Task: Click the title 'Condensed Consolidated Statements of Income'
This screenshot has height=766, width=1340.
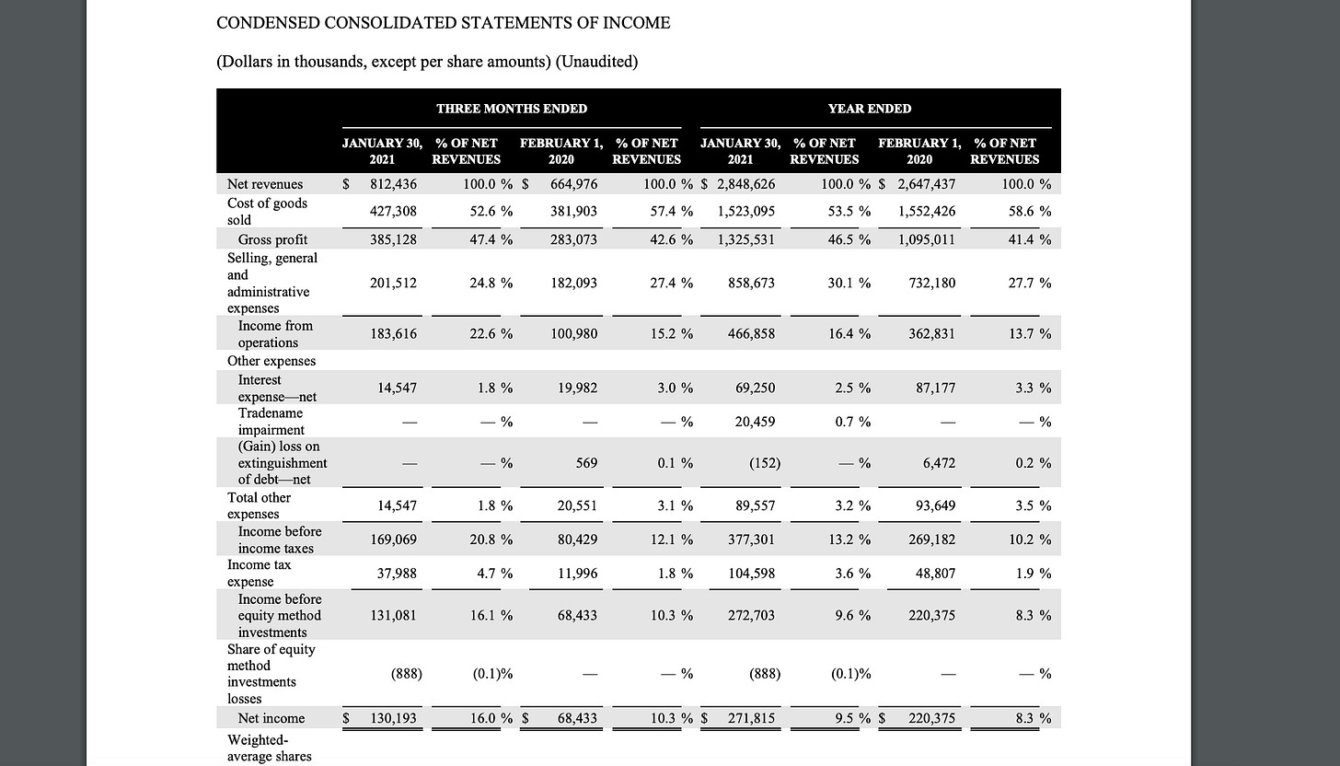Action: pyautogui.click(x=443, y=23)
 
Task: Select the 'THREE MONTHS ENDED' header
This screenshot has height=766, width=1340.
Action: pyautogui.click(x=512, y=109)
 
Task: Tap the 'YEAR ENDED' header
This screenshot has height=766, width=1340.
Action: pyautogui.click(x=870, y=109)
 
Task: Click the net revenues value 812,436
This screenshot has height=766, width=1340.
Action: pyautogui.click(x=394, y=184)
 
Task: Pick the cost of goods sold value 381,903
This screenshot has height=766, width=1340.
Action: pyautogui.click(x=574, y=211)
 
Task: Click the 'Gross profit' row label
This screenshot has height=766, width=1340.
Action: pyautogui.click(x=272, y=239)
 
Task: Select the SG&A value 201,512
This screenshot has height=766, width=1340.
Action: pyautogui.click(x=394, y=283)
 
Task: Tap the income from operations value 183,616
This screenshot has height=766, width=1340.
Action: pyautogui.click(x=394, y=333)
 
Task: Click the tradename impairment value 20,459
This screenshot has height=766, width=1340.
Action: pyautogui.click(x=755, y=422)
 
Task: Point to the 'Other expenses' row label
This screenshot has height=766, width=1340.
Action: pyautogui.click(x=271, y=361)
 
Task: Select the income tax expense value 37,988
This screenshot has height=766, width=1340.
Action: pyautogui.click(x=397, y=573)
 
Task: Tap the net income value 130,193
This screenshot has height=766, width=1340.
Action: pyautogui.click(x=394, y=718)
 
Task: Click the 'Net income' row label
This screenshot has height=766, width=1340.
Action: pyautogui.click(x=271, y=718)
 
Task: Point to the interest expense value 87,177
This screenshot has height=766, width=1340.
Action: pyautogui.click(x=935, y=389)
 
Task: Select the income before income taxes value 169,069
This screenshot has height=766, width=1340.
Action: pyautogui.click(x=394, y=540)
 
